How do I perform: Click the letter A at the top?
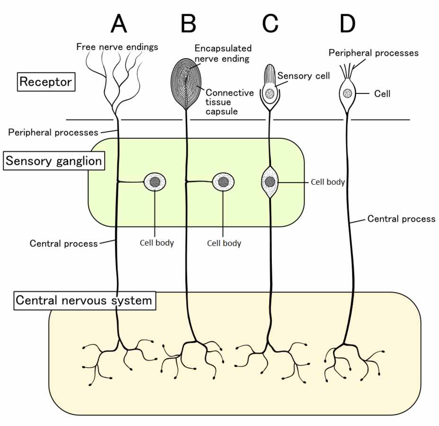pos(119,24)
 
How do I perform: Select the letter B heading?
pos(188,24)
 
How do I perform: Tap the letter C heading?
pos(270,24)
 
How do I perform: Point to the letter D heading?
pos(348,24)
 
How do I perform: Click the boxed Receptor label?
pos(46,82)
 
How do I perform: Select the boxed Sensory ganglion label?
pos(54,161)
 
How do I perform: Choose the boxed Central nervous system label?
pos(85,300)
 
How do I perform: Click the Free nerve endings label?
pos(117,47)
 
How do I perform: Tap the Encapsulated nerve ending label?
pos(223,53)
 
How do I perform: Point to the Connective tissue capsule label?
pos(230,102)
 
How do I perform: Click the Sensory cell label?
pos(304,76)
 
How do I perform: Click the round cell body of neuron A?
pos(155,182)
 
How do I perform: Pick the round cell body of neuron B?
pos(223,182)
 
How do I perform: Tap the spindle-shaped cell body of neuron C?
pos(270,182)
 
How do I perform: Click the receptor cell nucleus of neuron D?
pos(348,93)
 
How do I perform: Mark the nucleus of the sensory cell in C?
pos(269,93)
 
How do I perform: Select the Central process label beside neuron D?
pos(401,219)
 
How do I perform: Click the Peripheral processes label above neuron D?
pos(374,53)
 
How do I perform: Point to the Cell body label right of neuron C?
pos(328,182)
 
